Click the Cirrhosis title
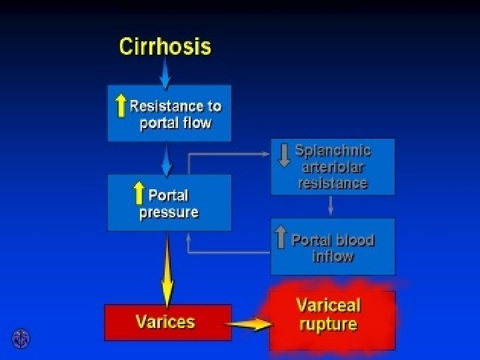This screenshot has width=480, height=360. (x=165, y=47)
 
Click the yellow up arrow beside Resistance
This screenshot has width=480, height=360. (x=121, y=106)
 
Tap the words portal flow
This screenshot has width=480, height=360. (x=175, y=123)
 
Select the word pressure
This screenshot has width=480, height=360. (x=169, y=213)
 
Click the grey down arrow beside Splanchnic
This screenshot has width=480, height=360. (x=284, y=155)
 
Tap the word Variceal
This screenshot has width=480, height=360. (x=328, y=306)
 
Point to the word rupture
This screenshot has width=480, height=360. (x=328, y=325)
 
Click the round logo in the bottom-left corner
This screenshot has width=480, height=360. (x=20, y=339)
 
